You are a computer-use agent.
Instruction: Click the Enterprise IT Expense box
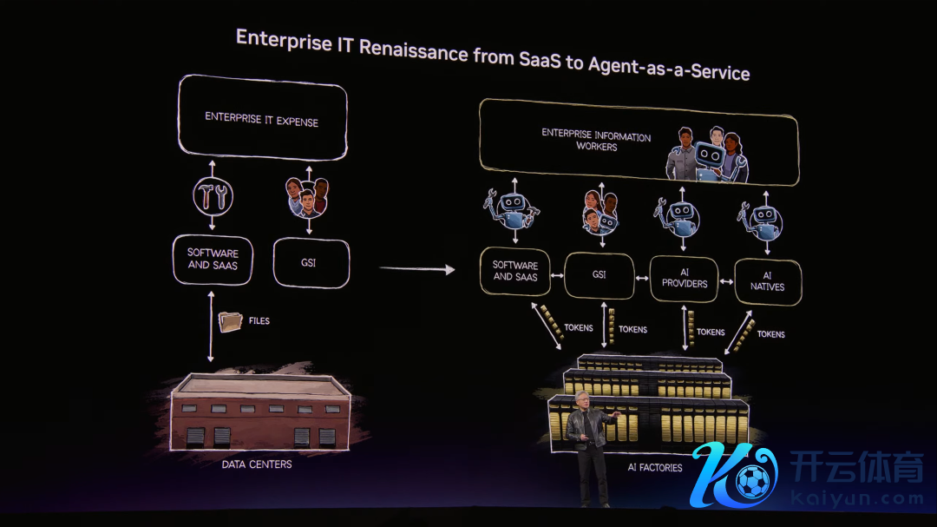pyautogui.click(x=261, y=118)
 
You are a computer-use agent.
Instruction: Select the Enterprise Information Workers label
pyautogui.click(x=596, y=140)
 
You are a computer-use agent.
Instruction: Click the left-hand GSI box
pyautogui.click(x=310, y=262)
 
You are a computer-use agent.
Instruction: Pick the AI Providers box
pyautogui.click(x=684, y=278)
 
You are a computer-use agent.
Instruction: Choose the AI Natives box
pyautogui.click(x=767, y=280)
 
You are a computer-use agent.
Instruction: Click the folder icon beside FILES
pyautogui.click(x=230, y=321)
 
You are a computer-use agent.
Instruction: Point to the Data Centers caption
pyautogui.click(x=256, y=464)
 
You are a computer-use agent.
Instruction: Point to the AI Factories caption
pyautogui.click(x=655, y=468)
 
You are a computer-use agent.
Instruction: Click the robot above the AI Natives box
pyautogui.click(x=763, y=218)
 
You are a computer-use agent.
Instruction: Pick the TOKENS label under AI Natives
pyautogui.click(x=770, y=334)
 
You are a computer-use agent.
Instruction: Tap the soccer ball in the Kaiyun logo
pyautogui.click(x=752, y=479)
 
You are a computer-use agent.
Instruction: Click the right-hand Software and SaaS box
pyautogui.click(x=515, y=271)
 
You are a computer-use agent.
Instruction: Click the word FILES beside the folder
pyautogui.click(x=259, y=321)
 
